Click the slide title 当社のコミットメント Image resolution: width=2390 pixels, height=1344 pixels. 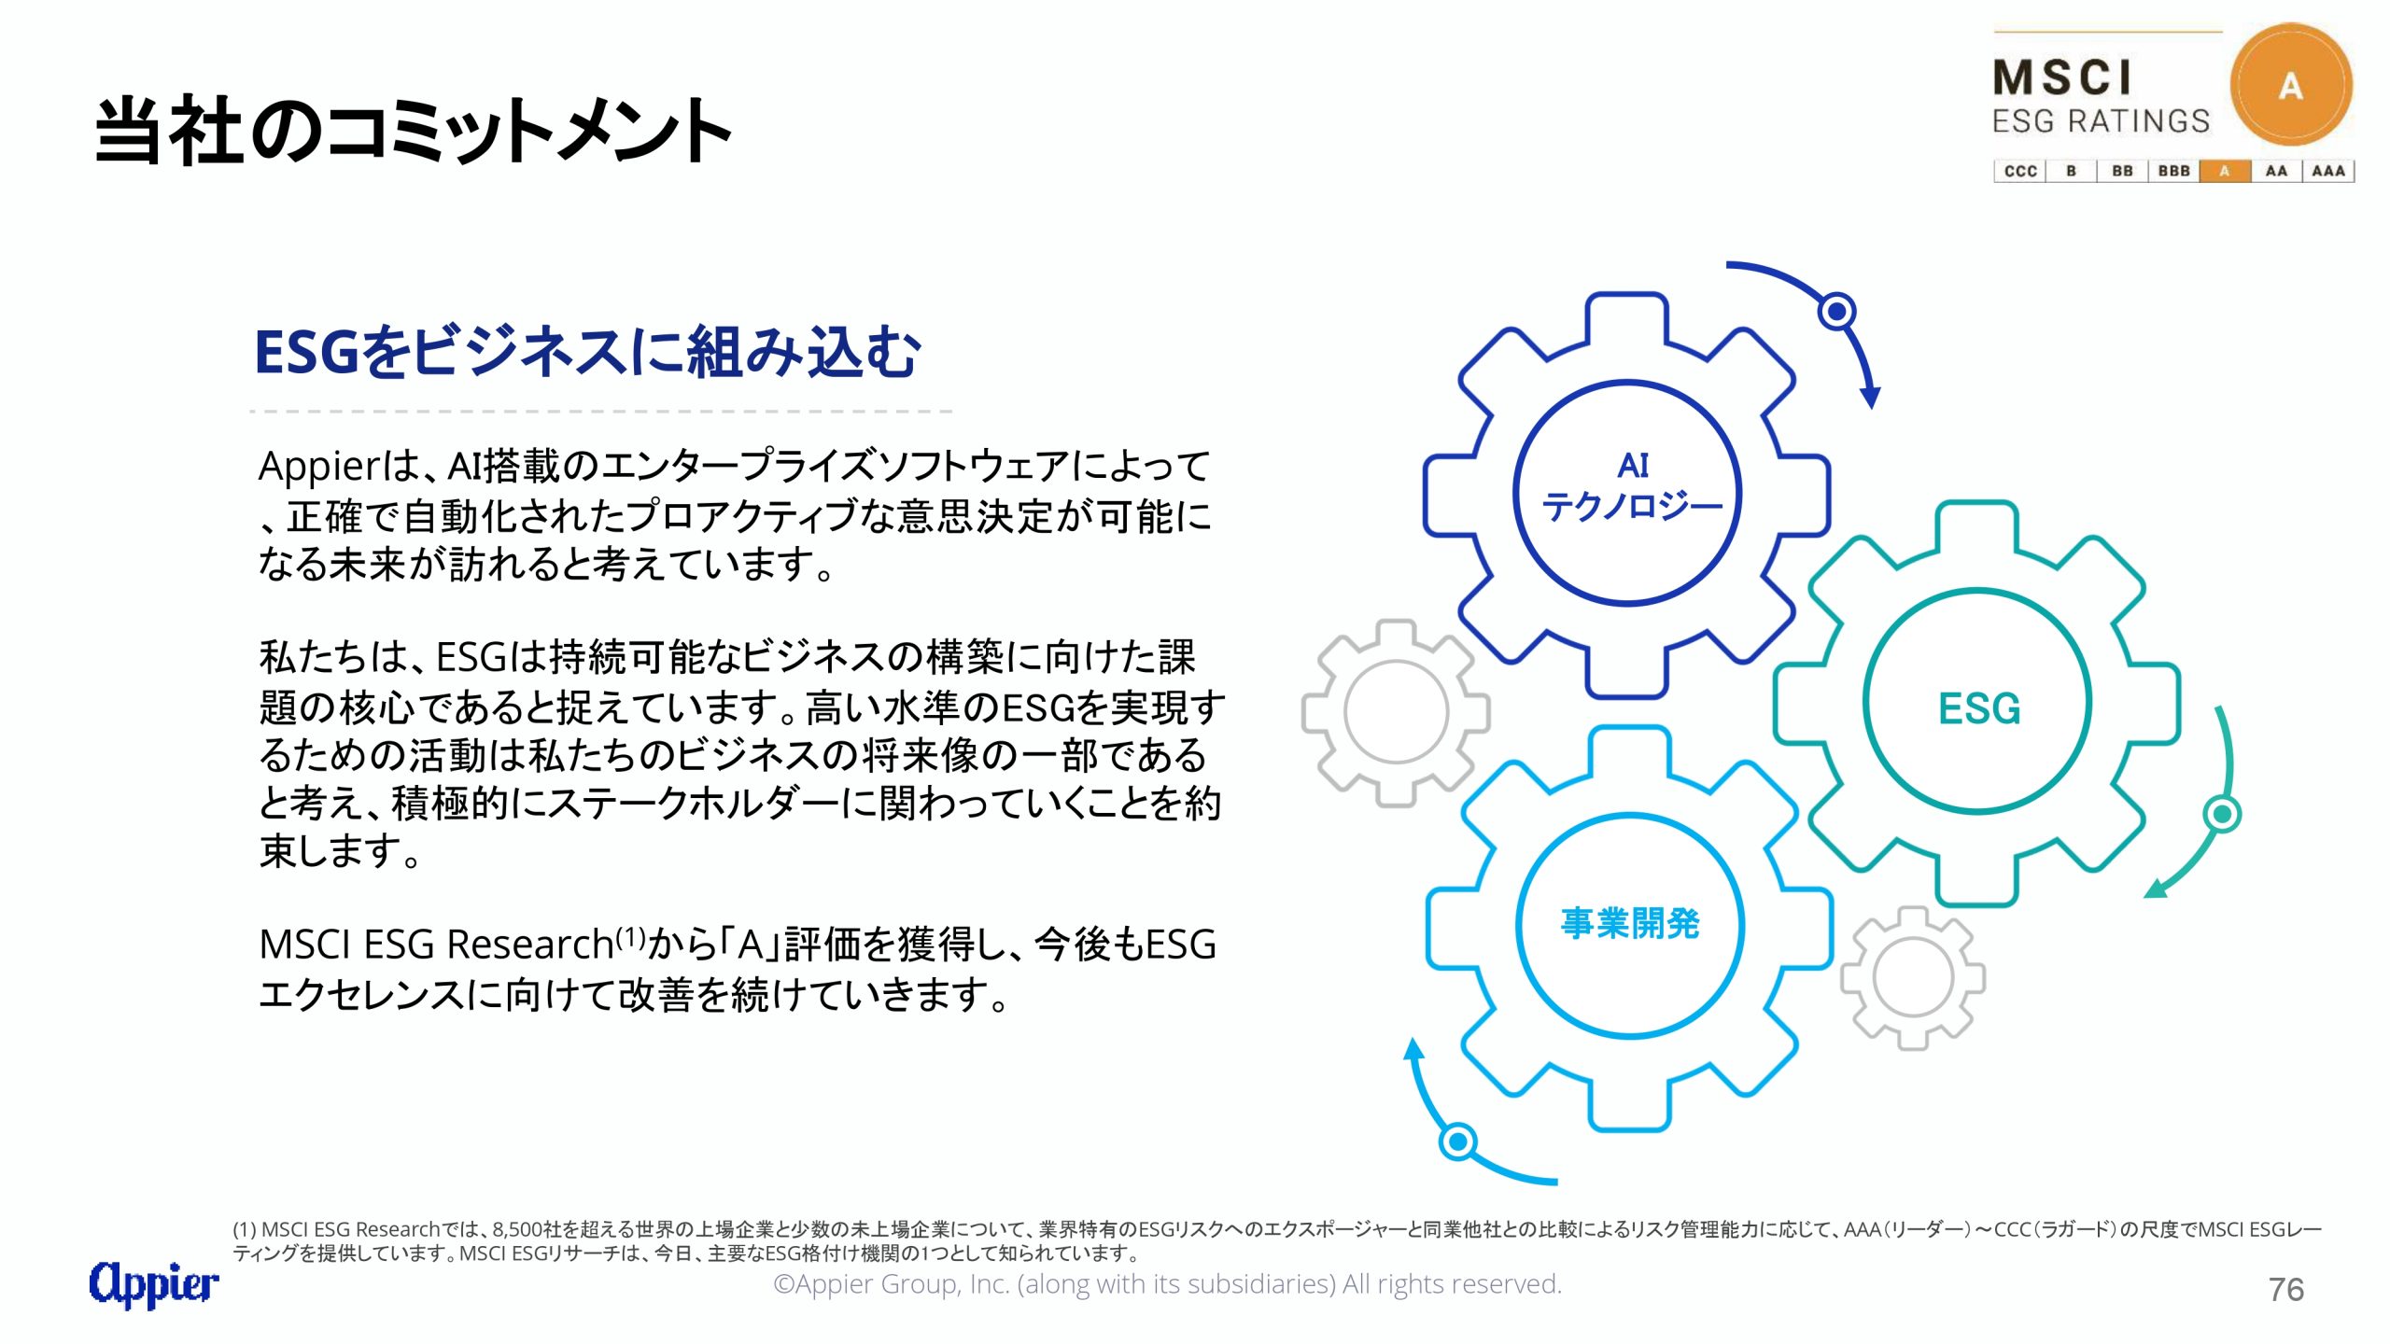[x=414, y=131]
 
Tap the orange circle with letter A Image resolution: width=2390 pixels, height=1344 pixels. [x=2291, y=85]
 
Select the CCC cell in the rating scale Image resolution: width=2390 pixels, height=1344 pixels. [x=2020, y=171]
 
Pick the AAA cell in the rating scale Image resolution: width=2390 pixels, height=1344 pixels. [x=2328, y=171]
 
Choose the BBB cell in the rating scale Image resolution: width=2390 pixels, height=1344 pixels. [x=2174, y=171]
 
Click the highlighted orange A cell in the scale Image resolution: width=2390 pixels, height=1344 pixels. [x=2225, y=171]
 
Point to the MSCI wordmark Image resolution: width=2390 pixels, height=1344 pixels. [x=2063, y=77]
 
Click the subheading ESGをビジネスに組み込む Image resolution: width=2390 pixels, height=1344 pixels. [x=587, y=353]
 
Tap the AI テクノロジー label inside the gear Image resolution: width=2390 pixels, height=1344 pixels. [x=1632, y=486]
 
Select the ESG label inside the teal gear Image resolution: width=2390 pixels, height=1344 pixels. [x=1979, y=708]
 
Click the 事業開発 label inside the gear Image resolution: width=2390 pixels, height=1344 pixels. [x=1630, y=923]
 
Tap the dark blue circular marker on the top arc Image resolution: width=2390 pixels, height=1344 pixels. [x=1837, y=311]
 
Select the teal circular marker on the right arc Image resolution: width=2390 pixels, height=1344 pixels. [x=2222, y=815]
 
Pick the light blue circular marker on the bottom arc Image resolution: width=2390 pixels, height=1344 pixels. [x=1458, y=1141]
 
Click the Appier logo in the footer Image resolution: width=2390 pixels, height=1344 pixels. [x=154, y=1283]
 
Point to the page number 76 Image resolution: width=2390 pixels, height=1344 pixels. [x=2286, y=1290]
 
